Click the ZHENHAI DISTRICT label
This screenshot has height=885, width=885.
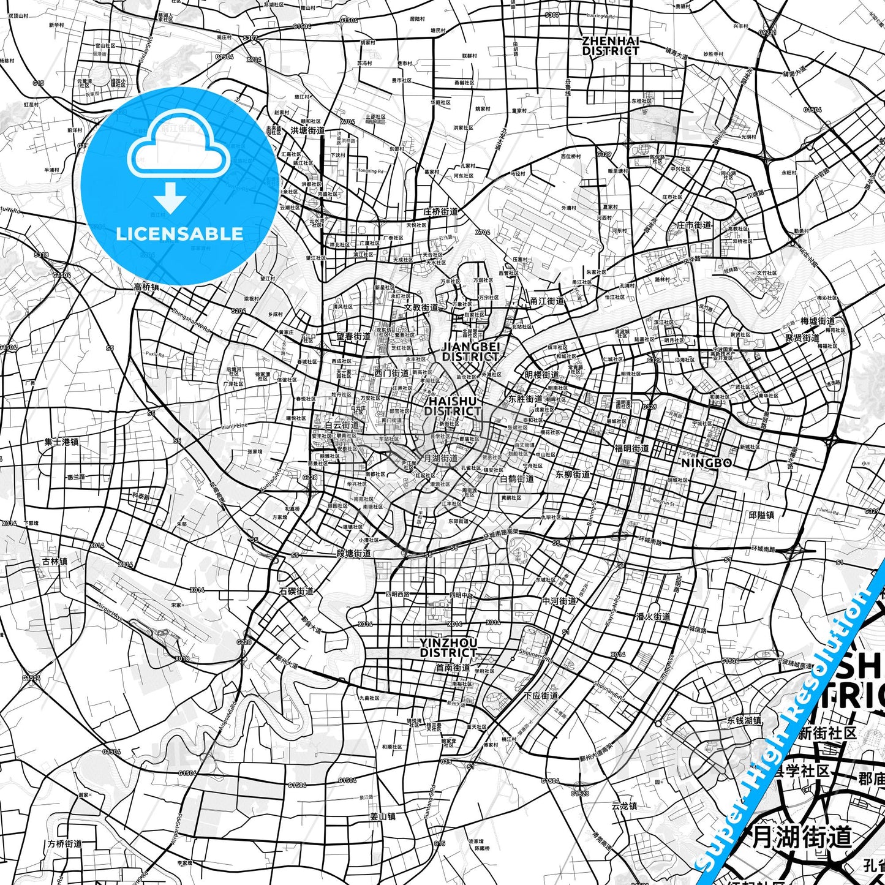(x=610, y=46)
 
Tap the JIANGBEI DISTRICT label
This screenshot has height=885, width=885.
(x=470, y=352)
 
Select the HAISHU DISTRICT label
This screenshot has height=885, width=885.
(x=453, y=406)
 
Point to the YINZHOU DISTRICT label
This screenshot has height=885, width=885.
(x=448, y=647)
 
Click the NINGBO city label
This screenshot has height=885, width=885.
(x=706, y=463)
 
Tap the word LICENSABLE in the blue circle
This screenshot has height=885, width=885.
(x=179, y=233)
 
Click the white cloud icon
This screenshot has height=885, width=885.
(x=178, y=149)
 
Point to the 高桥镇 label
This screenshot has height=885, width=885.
(x=146, y=287)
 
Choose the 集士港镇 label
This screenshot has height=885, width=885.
(x=61, y=442)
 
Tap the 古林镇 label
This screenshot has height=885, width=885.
(x=55, y=561)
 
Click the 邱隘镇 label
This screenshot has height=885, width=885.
(x=761, y=515)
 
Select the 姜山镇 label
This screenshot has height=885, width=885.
(x=383, y=816)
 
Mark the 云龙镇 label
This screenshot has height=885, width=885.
(x=624, y=805)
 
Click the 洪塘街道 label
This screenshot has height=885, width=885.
(x=307, y=130)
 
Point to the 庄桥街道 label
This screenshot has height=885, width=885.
(x=440, y=212)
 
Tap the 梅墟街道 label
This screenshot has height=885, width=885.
(x=818, y=321)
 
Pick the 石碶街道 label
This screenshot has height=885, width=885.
(x=296, y=591)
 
